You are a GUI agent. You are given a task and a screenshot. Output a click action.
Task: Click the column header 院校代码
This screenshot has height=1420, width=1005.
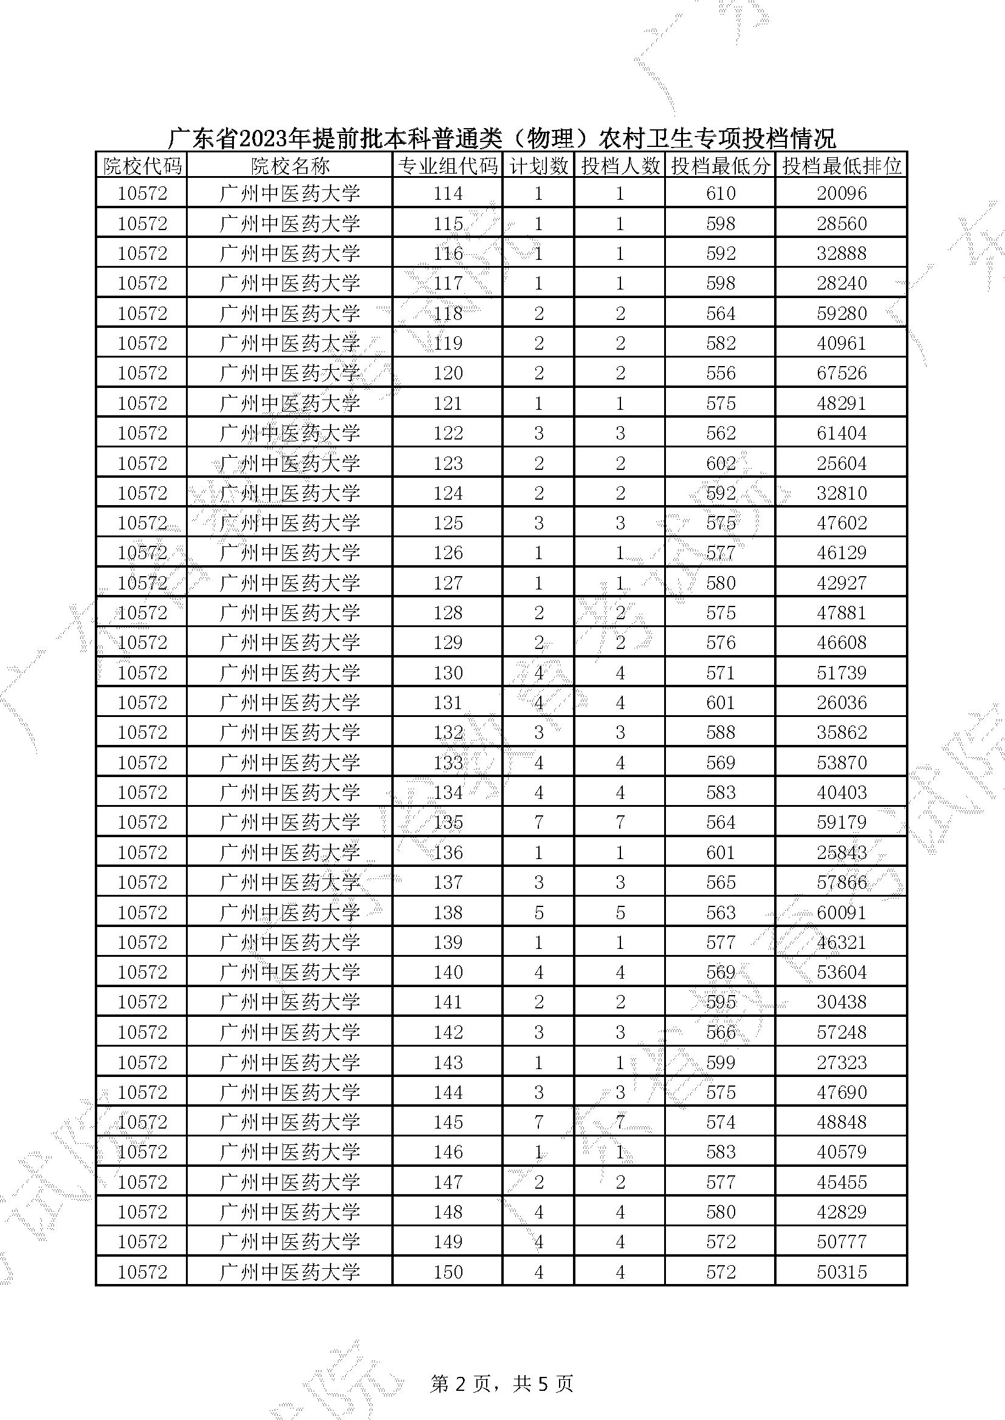coord(142,166)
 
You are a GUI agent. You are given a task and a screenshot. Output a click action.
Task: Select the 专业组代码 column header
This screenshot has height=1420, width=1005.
coord(447,166)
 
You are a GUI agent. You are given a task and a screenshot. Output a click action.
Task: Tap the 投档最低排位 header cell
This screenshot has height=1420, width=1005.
coord(841,166)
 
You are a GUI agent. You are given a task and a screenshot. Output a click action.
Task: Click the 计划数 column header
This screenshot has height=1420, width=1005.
coord(538,166)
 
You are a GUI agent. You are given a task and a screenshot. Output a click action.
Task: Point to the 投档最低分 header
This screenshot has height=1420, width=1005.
coord(721,166)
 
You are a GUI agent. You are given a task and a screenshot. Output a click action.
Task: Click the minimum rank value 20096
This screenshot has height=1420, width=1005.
coord(841,194)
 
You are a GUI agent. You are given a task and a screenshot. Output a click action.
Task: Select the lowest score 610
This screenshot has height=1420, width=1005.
coord(721,194)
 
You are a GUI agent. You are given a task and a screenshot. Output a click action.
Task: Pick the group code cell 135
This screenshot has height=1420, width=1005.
coord(447,823)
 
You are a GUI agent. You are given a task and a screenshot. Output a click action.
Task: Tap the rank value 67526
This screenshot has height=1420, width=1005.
coord(841,373)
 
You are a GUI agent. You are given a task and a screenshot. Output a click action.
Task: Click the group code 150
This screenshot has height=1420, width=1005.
coord(447,1272)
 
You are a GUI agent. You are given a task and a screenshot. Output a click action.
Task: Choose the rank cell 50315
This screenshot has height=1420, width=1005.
coord(841,1272)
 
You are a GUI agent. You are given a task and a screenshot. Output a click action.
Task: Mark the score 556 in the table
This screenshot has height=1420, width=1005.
coord(721,373)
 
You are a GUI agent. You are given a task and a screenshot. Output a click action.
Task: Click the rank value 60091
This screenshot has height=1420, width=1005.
coord(841,913)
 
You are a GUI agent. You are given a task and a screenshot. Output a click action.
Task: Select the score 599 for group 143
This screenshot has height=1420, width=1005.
coord(721,1062)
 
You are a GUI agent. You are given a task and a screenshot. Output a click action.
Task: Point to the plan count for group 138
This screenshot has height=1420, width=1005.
coord(538,913)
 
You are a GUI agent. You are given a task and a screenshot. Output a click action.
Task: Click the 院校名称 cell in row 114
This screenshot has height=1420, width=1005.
coord(290,194)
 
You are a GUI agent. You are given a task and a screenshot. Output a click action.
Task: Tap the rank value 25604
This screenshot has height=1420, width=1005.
coord(841,463)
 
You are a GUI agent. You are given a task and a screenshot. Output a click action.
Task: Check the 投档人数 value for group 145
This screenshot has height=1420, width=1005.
coord(620,1123)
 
